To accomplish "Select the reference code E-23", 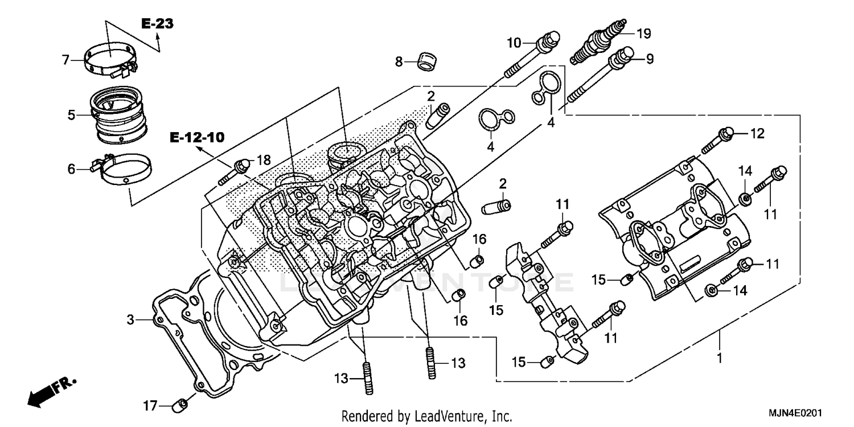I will (x=158, y=24).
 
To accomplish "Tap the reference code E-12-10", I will (x=196, y=137).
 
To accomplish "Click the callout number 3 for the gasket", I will (x=130, y=320).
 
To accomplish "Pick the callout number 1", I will (x=719, y=359).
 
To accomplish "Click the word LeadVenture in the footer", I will (x=440, y=416).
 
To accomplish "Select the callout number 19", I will (x=643, y=34).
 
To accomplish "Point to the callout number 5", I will (x=71, y=115).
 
